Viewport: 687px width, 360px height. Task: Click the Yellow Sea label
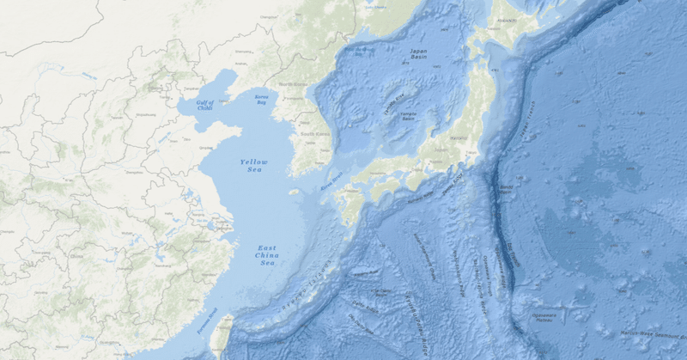[x=253, y=166]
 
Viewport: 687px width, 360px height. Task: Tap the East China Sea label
[x=267, y=255]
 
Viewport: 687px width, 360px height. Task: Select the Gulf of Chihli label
[x=204, y=105]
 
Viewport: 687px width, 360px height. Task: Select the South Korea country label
[x=314, y=135]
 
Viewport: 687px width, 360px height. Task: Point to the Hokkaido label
[x=506, y=20]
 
